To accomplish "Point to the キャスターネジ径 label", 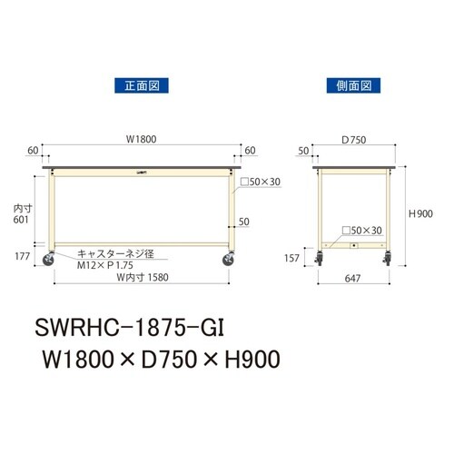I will [x=114, y=254].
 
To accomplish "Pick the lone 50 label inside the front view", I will [x=243, y=222].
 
